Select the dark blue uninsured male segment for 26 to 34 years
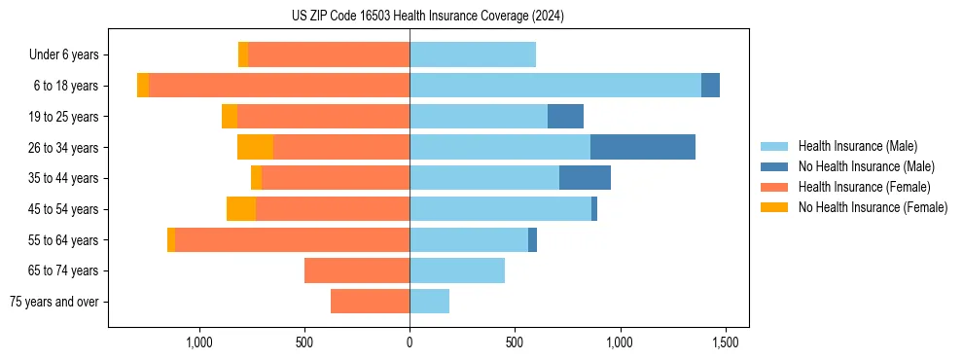(642, 147)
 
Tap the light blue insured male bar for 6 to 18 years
(554, 86)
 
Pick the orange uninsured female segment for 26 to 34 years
(255, 147)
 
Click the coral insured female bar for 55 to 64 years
(292, 239)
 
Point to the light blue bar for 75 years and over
(429, 302)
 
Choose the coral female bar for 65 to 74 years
(357, 270)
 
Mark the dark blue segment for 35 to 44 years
(585, 178)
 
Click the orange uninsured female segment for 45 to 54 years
(241, 209)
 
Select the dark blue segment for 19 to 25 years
(565, 117)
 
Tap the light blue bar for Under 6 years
(473, 54)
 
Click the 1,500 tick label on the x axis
(725, 342)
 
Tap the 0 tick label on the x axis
(410, 342)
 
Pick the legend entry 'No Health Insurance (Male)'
(866, 166)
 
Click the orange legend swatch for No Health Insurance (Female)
(775, 207)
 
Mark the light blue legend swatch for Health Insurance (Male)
(775, 146)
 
